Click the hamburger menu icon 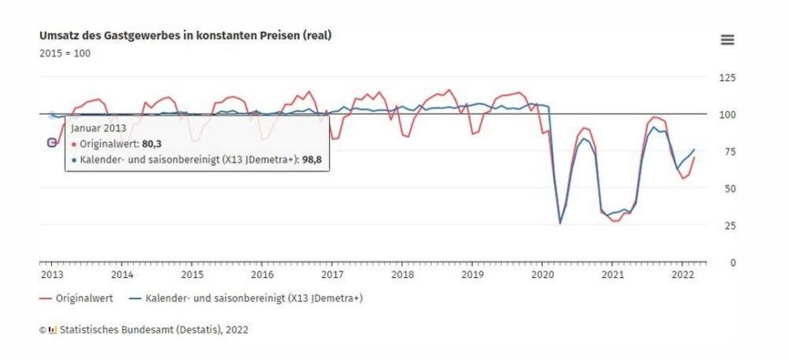(x=727, y=40)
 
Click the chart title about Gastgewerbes (x=185, y=35)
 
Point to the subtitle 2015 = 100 (x=65, y=53)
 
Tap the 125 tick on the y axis (x=728, y=78)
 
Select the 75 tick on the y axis (x=728, y=151)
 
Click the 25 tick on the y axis (x=728, y=226)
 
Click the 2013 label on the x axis (x=51, y=275)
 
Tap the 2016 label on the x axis (x=262, y=275)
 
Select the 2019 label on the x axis (x=472, y=275)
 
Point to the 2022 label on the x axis (x=682, y=275)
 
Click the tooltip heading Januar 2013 (x=98, y=128)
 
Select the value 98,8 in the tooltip (x=314, y=159)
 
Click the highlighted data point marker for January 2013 (x=52, y=143)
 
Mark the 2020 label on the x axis (x=542, y=275)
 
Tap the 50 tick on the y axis (x=728, y=188)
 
